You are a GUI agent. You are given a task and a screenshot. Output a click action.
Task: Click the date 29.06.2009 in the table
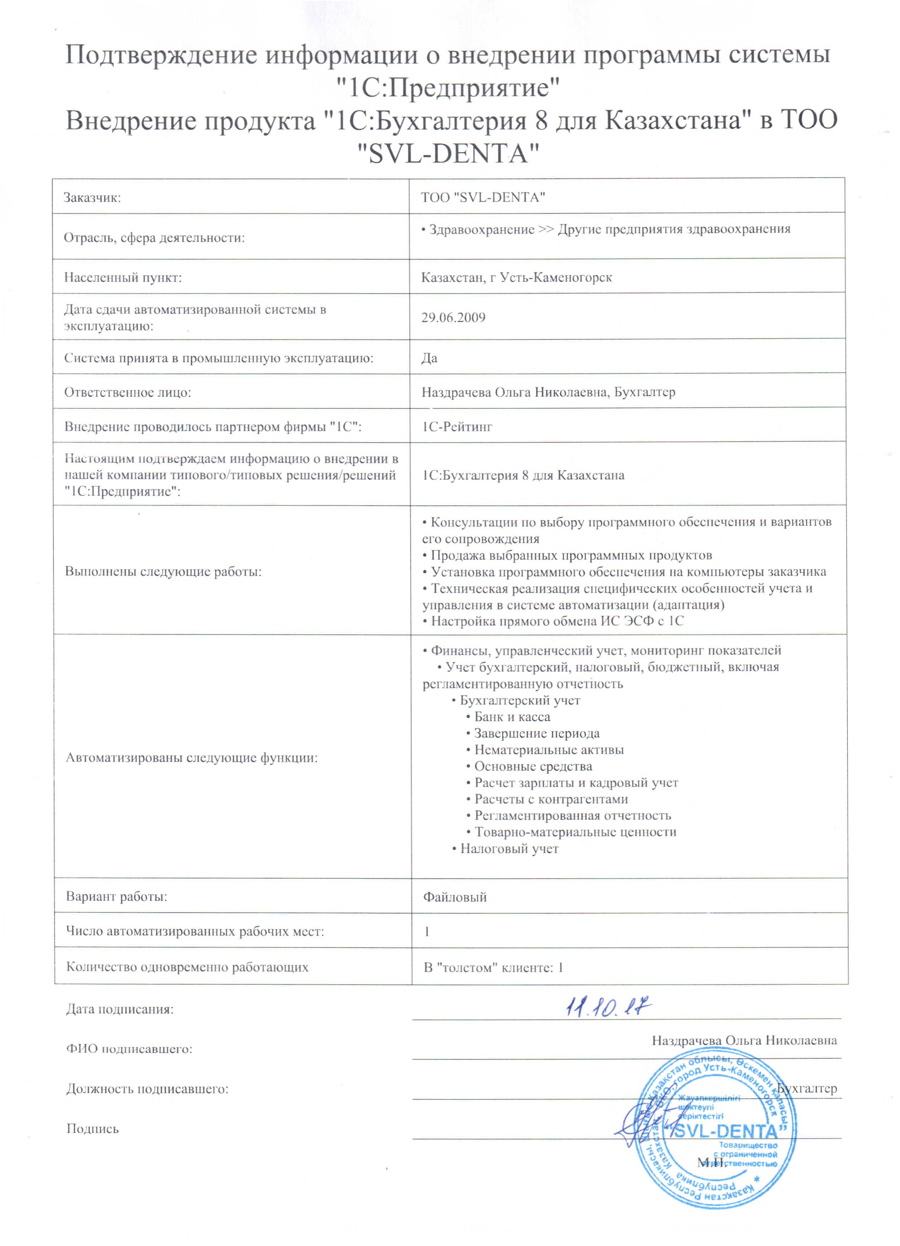click(x=453, y=318)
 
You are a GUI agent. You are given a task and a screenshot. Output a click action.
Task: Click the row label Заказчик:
click(x=92, y=198)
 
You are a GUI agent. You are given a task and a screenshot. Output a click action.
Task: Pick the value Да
click(x=429, y=358)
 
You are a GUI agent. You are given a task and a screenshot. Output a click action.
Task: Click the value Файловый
click(x=454, y=897)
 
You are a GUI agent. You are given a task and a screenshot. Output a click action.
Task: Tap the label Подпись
click(x=92, y=1129)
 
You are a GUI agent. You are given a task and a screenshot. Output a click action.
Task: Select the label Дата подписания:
click(x=120, y=1009)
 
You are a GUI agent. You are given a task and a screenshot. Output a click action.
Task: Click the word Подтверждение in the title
click(x=161, y=55)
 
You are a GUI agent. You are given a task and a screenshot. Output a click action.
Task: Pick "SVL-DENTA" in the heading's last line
click(x=449, y=153)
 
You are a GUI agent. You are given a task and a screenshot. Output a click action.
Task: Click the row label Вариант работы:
click(x=116, y=896)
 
